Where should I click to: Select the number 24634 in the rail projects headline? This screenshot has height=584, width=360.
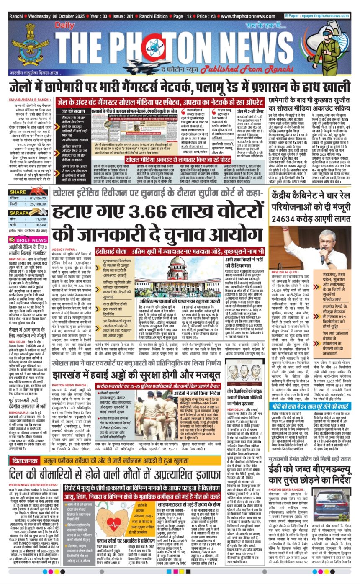click(x=289, y=218)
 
